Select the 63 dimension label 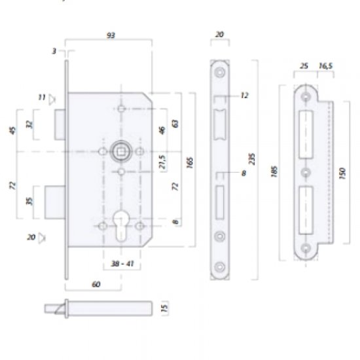(x=175, y=122)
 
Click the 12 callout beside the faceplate (x=244, y=96)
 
